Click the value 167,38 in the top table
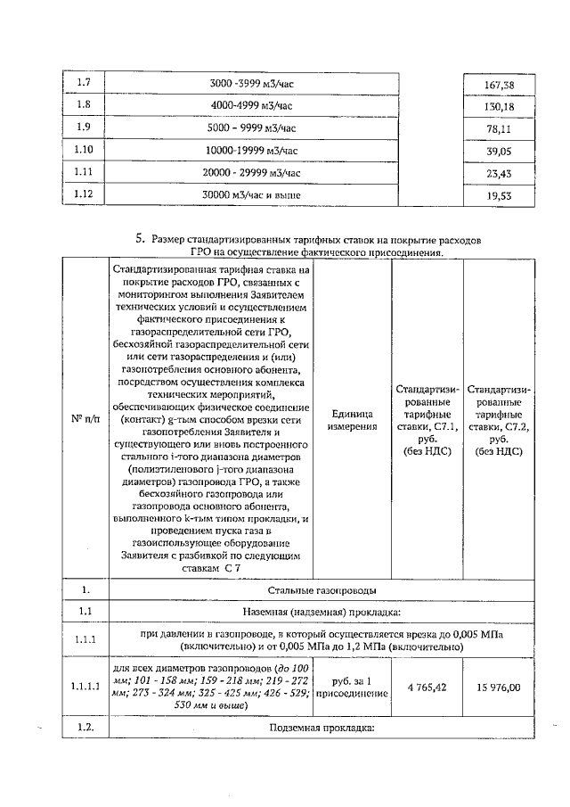498,86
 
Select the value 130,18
498,107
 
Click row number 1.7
85,84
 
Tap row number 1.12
85,193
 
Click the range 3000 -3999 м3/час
250,84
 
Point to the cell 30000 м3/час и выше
250,194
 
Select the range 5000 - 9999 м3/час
250,128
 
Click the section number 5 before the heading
140,239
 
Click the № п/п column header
85,419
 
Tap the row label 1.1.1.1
85,687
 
